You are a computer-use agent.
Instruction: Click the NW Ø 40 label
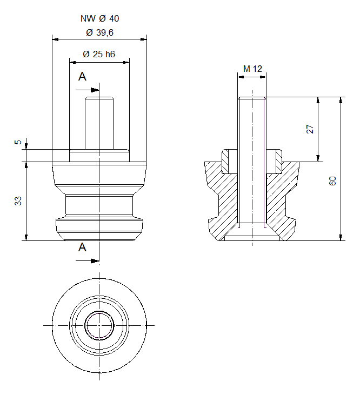click(x=99, y=18)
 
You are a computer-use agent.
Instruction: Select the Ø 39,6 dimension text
click(x=99, y=33)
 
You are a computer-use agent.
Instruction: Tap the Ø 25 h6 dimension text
click(x=99, y=55)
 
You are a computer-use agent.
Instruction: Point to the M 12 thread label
click(x=252, y=69)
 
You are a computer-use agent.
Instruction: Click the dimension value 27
click(x=310, y=129)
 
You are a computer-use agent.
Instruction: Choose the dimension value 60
click(x=333, y=181)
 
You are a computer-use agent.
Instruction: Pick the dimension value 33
click(x=18, y=200)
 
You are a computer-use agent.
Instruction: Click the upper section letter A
click(x=82, y=77)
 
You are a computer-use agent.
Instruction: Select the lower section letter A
click(x=82, y=247)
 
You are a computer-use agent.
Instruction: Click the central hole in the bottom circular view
click(x=99, y=325)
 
